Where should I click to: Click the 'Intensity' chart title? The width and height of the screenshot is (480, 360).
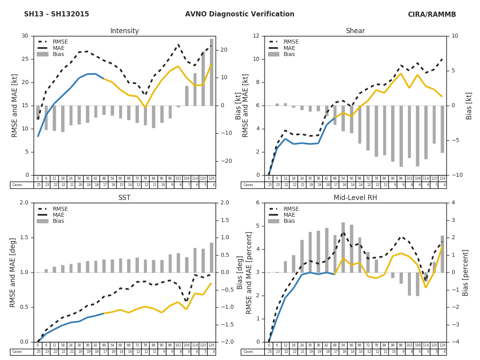[x=124, y=31]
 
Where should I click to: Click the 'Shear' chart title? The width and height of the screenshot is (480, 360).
[x=355, y=31]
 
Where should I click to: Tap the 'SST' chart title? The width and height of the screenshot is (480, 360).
[x=124, y=198]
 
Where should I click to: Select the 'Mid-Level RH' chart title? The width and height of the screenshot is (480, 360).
[x=355, y=198]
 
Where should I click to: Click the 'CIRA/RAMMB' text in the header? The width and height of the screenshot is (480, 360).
[x=432, y=14]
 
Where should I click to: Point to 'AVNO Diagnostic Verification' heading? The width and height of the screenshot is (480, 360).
[x=240, y=14]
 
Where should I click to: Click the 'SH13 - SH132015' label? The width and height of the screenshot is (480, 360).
[x=56, y=14]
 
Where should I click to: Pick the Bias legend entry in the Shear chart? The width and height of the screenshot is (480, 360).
[x=289, y=54]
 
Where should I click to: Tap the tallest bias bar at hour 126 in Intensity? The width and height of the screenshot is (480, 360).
[x=211, y=72]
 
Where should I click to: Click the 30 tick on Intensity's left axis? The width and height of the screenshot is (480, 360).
[x=25, y=36]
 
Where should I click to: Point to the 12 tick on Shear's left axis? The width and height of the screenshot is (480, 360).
[x=256, y=36]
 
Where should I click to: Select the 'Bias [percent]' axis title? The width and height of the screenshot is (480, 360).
[x=466, y=272]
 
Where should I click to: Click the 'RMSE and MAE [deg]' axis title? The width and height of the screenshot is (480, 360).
[x=13, y=272]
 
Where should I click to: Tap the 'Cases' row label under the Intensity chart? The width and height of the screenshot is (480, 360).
[x=17, y=185]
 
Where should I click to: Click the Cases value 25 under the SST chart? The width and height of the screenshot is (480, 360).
[x=38, y=352]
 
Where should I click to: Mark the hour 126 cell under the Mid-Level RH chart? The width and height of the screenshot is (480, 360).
[x=442, y=345]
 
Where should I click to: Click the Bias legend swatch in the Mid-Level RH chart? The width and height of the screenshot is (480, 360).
[x=273, y=221]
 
